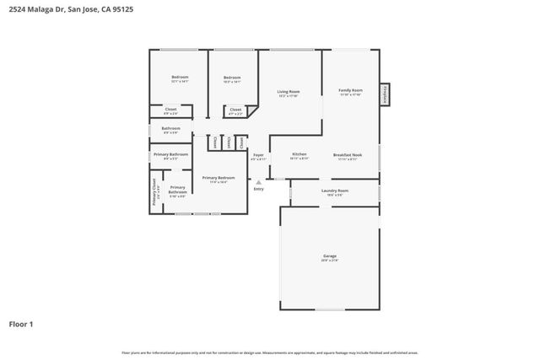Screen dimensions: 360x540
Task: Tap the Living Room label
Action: coord(289,92)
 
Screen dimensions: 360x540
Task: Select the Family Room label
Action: coord(350,90)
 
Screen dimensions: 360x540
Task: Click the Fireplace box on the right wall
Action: coord(385,94)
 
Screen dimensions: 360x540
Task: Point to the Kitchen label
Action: coord(299,154)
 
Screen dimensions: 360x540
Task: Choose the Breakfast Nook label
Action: coord(347,154)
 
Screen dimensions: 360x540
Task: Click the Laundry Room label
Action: coord(334,191)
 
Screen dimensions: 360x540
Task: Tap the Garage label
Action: coord(329,255)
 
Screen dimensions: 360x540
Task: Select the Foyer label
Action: coord(258,154)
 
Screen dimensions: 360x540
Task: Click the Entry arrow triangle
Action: coord(258,181)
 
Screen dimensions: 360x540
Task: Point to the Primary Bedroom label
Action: coord(219,178)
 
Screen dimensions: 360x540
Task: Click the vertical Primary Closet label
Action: coord(154,192)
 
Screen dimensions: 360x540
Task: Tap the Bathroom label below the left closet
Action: coord(170,128)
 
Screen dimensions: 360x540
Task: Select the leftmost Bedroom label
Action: coord(179,78)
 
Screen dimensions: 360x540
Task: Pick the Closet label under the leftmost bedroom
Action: coord(170,109)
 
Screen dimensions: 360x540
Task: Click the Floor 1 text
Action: coord(21,324)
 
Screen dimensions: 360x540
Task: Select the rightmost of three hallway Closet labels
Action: coord(240,142)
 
